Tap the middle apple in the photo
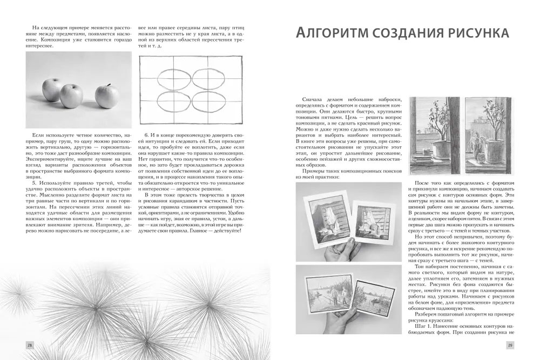tap(71, 95)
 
